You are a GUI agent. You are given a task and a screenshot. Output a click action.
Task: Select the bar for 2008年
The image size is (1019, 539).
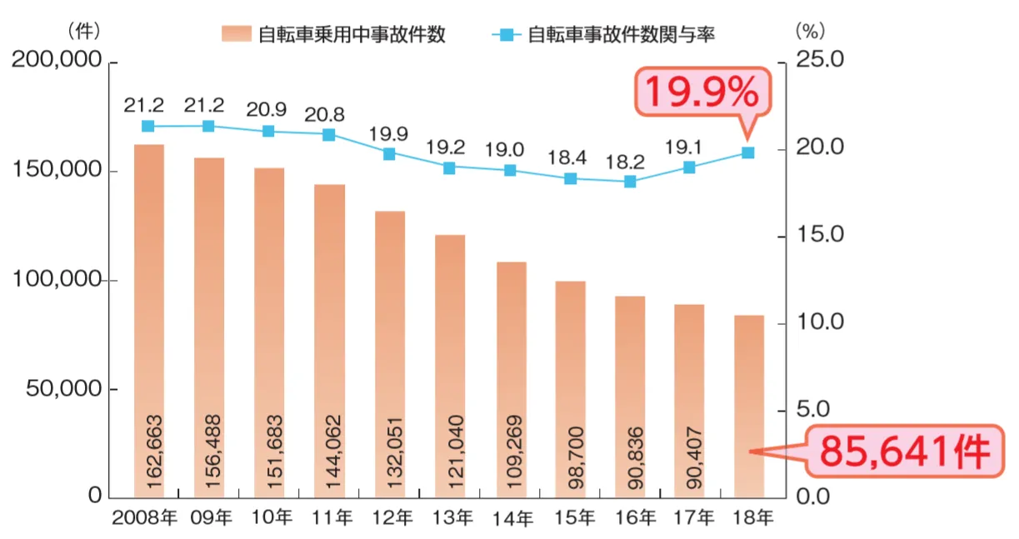[148, 321]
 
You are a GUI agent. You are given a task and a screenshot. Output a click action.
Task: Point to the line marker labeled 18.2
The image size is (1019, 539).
[630, 181]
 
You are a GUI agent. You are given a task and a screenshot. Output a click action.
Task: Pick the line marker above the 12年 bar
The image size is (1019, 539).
[389, 154]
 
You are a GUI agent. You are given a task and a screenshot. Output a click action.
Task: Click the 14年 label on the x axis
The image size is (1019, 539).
[511, 519]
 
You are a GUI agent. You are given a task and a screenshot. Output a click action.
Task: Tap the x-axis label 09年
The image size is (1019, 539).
[210, 519]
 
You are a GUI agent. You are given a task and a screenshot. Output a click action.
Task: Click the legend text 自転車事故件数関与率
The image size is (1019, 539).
[621, 35]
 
